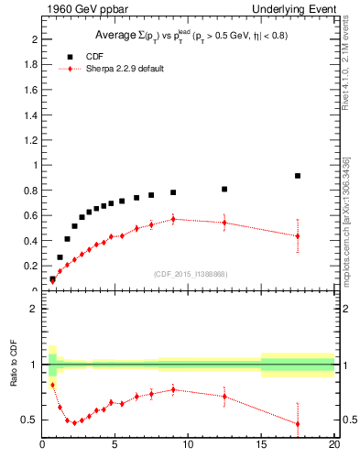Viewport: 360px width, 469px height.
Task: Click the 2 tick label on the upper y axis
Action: pyautogui.click(x=35, y=40)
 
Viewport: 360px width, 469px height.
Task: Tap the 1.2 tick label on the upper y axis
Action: pyautogui.click(x=31, y=140)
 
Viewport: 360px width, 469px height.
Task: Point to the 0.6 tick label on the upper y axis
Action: pyautogui.click(x=31, y=215)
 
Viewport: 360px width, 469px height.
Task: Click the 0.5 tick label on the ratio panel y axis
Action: pyautogui.click(x=31, y=420)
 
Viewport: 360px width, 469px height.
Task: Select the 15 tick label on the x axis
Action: pyautogui.click(x=261, y=445)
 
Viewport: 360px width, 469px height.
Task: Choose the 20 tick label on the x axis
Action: pyautogui.click(x=334, y=445)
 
